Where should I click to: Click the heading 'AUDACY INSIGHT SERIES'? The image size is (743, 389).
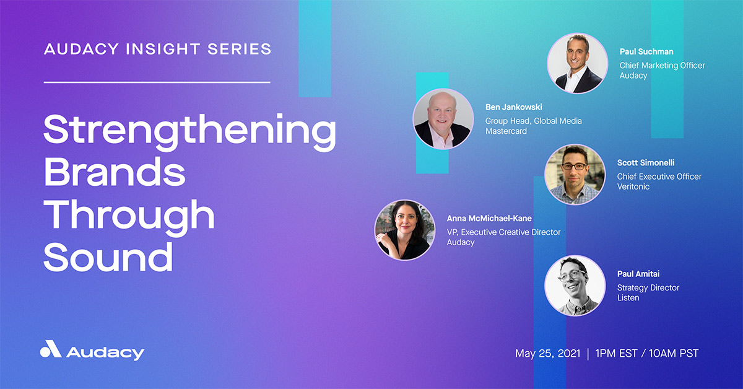point(157,49)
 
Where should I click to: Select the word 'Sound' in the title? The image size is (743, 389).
point(108,255)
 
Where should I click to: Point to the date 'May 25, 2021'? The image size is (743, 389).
point(548,354)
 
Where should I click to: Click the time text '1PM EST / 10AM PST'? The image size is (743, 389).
point(646,354)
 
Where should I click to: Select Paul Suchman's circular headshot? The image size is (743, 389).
point(578,63)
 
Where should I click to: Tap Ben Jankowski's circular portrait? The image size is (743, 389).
point(443,119)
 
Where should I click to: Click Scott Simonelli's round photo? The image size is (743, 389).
point(575,175)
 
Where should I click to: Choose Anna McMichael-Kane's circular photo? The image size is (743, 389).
point(405,230)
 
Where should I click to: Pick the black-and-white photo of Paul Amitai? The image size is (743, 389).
point(575,285)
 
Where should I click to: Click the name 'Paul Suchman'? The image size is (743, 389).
point(647,52)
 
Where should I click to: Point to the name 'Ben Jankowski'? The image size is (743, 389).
point(513,108)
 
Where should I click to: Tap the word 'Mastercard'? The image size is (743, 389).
point(506,131)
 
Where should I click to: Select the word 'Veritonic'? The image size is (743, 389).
point(633,186)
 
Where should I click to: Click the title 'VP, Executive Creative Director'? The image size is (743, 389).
point(503,232)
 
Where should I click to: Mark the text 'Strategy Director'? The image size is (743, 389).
point(648,287)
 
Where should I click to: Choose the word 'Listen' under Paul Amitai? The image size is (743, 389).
point(628,298)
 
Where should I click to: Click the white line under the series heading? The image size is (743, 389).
point(157,82)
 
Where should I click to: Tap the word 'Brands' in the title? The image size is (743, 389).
point(115,175)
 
